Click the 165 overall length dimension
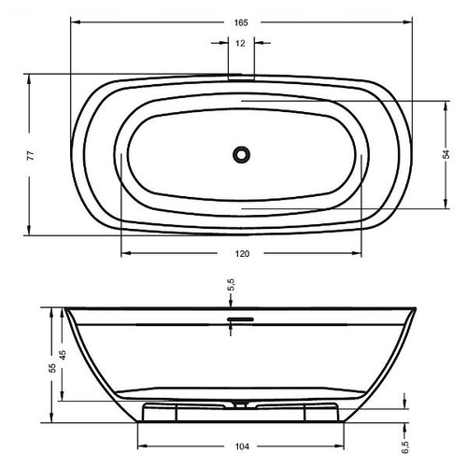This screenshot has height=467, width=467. (241, 22)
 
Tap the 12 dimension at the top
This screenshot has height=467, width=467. (240, 43)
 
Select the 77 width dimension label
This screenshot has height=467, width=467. (31, 155)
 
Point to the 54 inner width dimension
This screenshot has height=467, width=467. (446, 154)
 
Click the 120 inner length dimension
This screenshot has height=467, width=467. (242, 254)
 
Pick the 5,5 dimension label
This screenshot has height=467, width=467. (231, 285)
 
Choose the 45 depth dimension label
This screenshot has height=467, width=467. (63, 355)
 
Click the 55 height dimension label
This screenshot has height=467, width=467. (52, 368)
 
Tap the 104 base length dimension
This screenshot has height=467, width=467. (242, 446)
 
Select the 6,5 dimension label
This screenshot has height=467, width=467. (404, 447)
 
